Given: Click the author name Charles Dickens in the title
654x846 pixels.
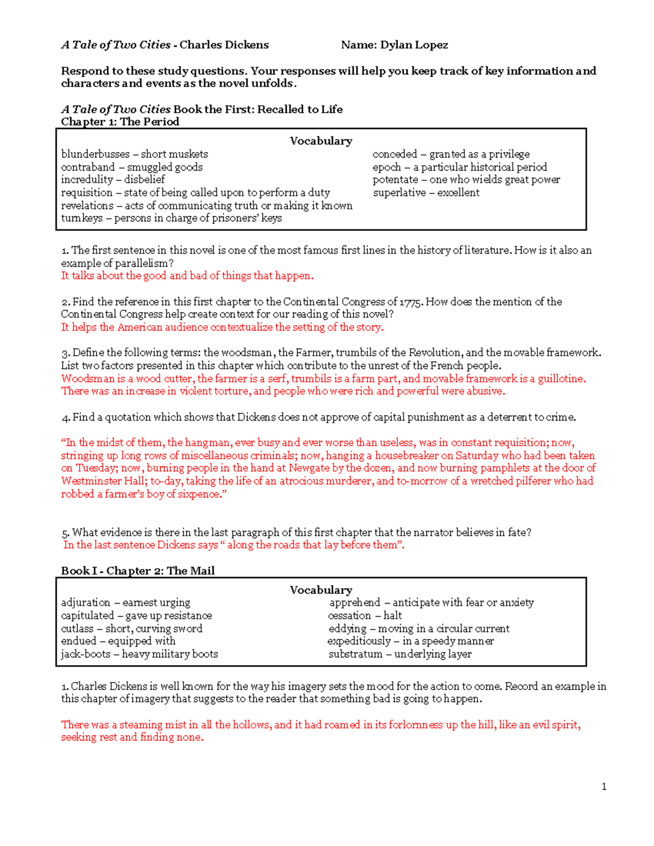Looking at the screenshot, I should click(x=224, y=45).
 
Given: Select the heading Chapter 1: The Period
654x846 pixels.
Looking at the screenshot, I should click(x=120, y=122).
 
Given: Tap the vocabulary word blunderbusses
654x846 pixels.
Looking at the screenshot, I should click(x=95, y=154).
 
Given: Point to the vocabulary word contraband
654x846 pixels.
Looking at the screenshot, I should click(x=88, y=167).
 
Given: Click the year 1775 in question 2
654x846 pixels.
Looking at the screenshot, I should click(x=410, y=302).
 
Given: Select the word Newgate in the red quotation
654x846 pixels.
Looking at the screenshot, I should click(x=309, y=468).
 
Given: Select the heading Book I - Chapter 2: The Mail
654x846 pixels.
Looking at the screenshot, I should click(x=137, y=571).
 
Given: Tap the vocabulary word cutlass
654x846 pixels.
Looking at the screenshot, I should click(x=77, y=629).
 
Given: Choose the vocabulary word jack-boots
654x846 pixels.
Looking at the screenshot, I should click(x=86, y=654).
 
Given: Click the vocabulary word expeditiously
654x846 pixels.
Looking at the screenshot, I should click(x=359, y=641).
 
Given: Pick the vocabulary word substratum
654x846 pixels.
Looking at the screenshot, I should click(x=355, y=654).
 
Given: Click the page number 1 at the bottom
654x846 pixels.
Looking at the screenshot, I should click(x=604, y=787).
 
